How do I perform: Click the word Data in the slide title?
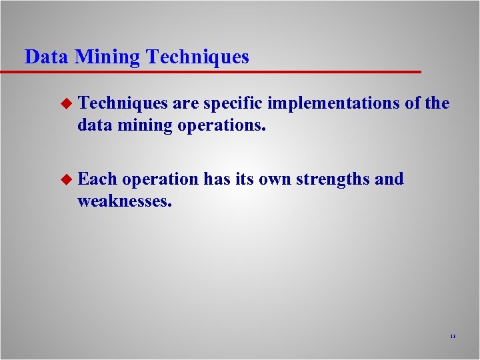coord(47,57)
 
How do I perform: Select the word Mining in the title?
coord(107,57)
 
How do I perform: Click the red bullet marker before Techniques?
coord(65,103)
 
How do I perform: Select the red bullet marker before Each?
coord(65,179)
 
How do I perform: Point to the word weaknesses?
coord(125,201)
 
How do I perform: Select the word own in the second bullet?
coord(273,179)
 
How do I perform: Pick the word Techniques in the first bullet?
coord(123,103)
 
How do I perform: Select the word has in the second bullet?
coord(215,179)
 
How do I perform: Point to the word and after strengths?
coord(390,179)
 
